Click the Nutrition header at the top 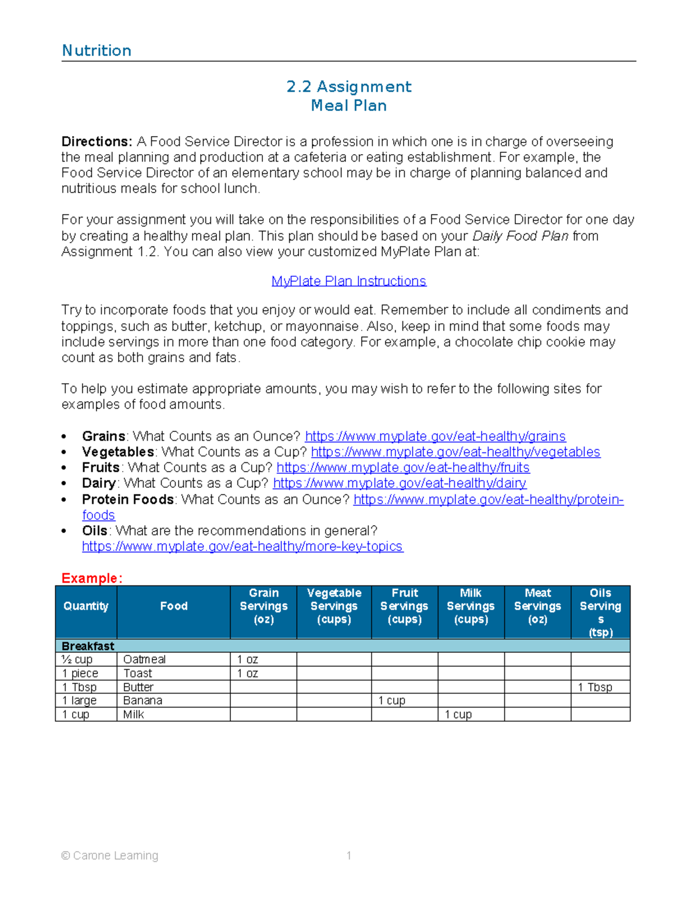(97, 51)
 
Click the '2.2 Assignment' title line (348, 87)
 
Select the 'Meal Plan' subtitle (348, 106)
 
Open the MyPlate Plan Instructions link (348, 281)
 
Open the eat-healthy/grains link (435, 437)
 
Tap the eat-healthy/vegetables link (455, 452)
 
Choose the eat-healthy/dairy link (400, 483)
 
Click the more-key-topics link (243, 547)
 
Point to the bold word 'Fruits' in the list (101, 468)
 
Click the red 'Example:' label (92, 579)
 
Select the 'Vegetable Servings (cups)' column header (334, 606)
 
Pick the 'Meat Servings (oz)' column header (537, 606)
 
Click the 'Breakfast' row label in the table (88, 646)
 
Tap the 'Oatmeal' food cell (144, 659)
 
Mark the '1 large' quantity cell (80, 701)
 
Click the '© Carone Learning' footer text (110, 855)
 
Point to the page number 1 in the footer (348, 855)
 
